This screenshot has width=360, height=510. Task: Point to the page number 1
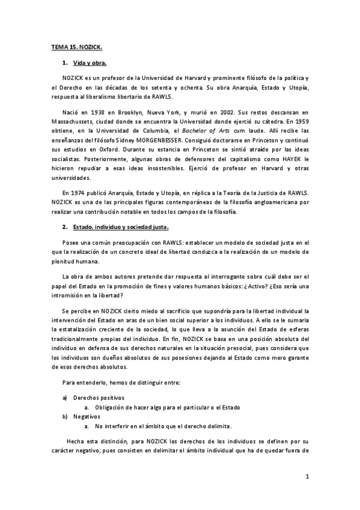(307, 478)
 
